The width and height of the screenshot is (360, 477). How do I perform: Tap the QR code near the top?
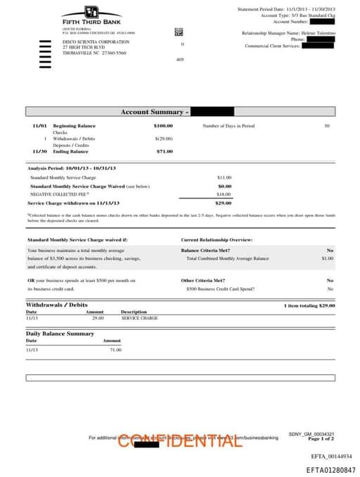point(179,32)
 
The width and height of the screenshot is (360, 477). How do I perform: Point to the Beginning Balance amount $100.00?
point(163,125)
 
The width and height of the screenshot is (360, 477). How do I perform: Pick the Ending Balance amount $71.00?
point(165,151)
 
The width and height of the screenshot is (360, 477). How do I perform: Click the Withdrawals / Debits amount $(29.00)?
point(164,139)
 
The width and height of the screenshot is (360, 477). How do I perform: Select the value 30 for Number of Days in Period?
point(326,125)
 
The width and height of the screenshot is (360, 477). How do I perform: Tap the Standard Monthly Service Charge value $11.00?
point(224,177)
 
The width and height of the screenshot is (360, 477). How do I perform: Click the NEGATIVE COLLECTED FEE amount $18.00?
point(224,193)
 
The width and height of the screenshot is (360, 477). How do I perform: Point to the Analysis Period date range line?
point(72,168)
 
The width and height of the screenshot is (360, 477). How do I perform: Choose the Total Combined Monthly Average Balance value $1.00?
point(327,258)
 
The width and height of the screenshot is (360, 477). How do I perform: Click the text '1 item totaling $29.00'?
point(309,305)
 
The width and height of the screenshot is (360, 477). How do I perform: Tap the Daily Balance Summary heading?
point(60,333)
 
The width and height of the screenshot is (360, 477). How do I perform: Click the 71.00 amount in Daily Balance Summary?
point(115,349)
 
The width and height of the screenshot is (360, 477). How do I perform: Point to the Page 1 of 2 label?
point(321,438)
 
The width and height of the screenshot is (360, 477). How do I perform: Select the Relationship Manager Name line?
point(288,33)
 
